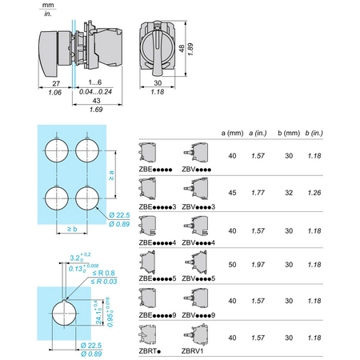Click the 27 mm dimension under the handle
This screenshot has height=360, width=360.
(56, 83)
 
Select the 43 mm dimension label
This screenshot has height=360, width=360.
(96, 101)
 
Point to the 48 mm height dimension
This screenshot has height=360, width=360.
(182, 48)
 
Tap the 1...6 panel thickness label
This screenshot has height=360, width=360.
(95, 82)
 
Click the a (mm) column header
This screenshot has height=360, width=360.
(232, 133)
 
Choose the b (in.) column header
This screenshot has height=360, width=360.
(314, 133)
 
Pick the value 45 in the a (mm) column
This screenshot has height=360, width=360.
(232, 193)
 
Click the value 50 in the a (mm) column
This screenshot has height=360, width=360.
(232, 265)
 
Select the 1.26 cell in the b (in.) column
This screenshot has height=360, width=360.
(314, 193)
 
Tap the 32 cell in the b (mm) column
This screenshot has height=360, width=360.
(289, 193)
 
